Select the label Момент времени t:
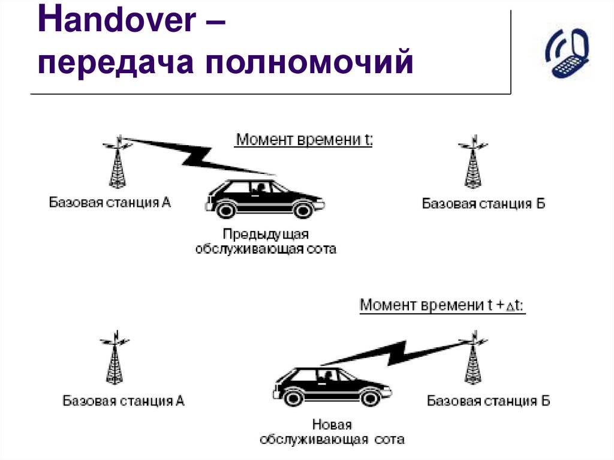[x=303, y=140]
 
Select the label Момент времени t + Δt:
[x=442, y=305]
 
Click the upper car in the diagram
[x=264, y=198]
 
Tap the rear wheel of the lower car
[x=293, y=397]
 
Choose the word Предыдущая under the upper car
[x=266, y=234]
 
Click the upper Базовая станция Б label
[x=483, y=204]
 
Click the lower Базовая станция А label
[x=124, y=401]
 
